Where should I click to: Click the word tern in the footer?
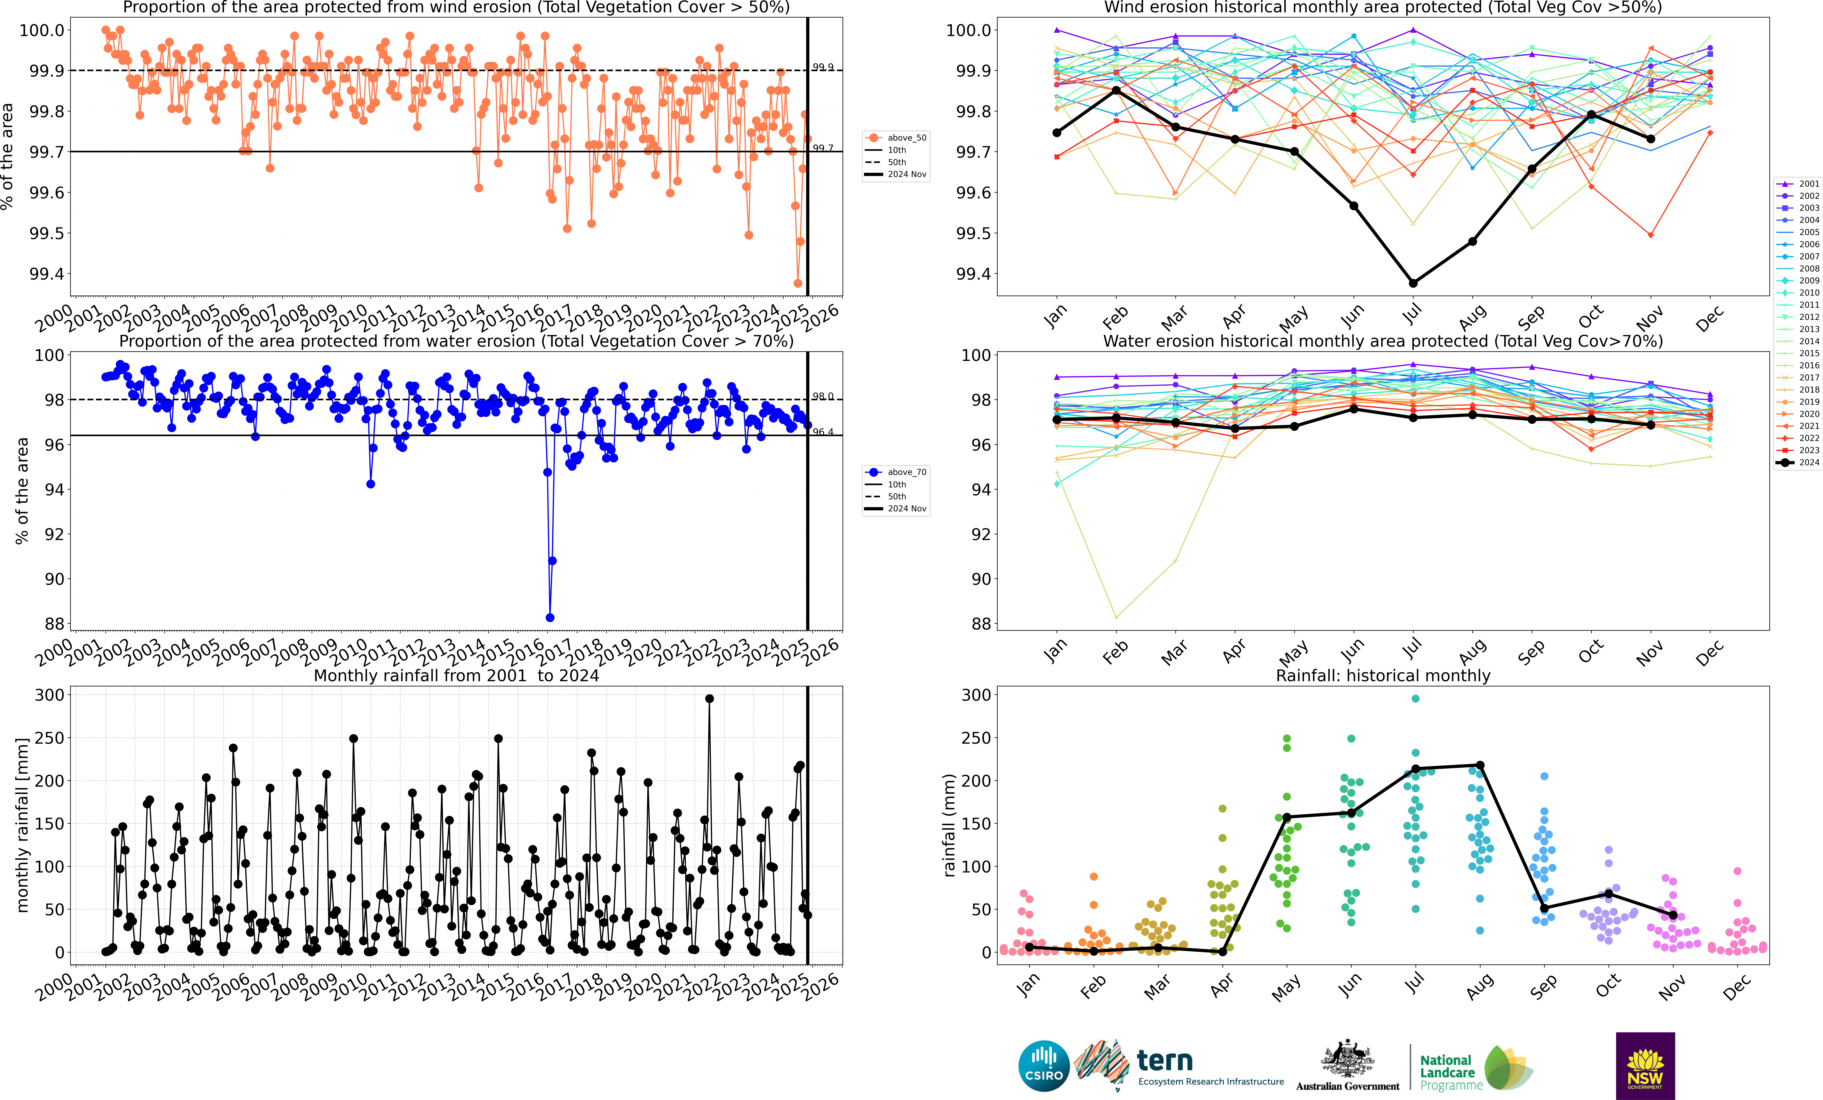coord(1165,1061)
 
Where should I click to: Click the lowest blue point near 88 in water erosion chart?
coord(550,618)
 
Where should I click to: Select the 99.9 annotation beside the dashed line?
coord(823,67)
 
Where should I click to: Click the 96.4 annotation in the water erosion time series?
coord(823,432)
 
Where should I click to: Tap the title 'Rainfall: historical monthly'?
coord(1383,675)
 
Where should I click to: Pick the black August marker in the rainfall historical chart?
coord(1480,765)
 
